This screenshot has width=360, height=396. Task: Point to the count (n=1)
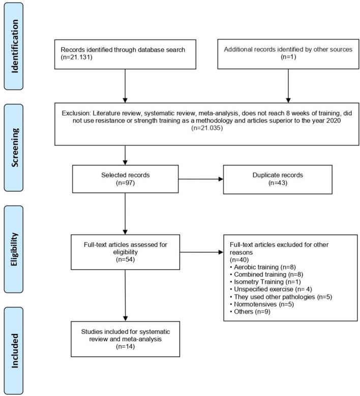point(288,61)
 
